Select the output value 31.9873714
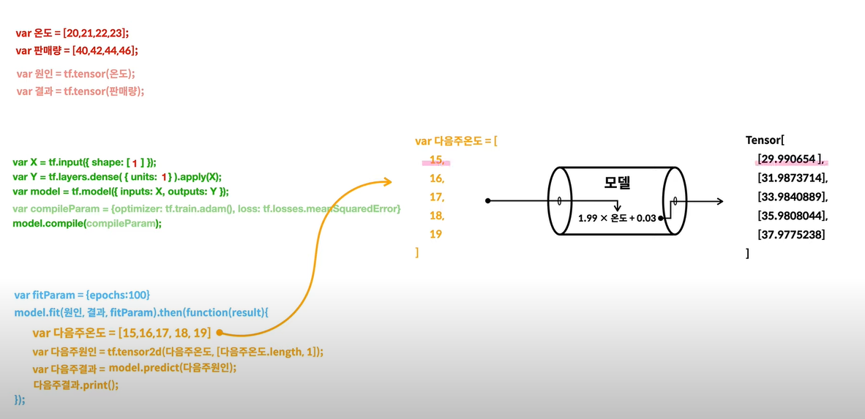pos(793,178)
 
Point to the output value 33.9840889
pos(793,197)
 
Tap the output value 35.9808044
pos(793,216)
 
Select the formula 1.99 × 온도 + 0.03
pos(617,218)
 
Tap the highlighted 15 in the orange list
pos(436,159)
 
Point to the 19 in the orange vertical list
pos(435,234)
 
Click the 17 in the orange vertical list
pos(436,197)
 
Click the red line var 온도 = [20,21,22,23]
pos(72,34)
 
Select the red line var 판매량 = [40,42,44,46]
pos(77,50)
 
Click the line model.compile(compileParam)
pos(87,223)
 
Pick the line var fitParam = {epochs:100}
pos(82,295)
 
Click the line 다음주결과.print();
pos(75,385)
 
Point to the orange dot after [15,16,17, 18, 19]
pos(219,333)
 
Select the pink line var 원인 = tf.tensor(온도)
pos(75,74)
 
